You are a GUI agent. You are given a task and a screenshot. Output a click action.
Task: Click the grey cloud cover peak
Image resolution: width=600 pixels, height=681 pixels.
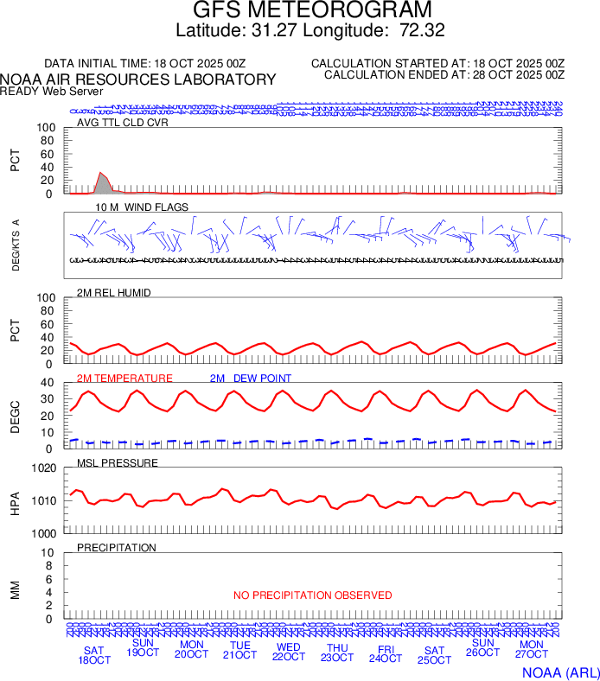(102, 182)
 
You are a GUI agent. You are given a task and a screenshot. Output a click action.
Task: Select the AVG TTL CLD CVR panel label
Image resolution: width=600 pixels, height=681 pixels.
(123, 122)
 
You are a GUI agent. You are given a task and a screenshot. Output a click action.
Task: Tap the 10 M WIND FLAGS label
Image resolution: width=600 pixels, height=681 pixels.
(142, 207)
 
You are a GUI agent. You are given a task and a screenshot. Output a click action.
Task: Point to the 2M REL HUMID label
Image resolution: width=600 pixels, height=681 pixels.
(114, 293)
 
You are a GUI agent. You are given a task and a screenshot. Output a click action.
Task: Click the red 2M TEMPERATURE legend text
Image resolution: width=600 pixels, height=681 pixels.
(124, 379)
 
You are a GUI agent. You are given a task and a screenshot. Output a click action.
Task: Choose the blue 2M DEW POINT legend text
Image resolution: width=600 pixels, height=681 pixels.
(251, 379)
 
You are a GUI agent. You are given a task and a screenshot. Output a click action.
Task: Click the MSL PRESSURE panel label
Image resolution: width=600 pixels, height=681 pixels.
(118, 463)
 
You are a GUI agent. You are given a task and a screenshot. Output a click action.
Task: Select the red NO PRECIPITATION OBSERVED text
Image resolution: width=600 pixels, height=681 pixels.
(312, 595)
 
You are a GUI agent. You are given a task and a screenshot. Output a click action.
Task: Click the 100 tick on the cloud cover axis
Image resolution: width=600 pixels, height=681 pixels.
(46, 128)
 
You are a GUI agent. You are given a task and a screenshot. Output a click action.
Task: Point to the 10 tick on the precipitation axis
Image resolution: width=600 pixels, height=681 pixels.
(48, 553)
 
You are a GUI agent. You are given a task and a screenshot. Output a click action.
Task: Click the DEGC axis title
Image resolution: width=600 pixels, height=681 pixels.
(15, 414)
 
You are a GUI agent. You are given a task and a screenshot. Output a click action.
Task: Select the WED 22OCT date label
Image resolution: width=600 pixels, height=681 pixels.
(289, 652)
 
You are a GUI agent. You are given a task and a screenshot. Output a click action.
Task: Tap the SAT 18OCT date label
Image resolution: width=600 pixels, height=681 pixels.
(95, 655)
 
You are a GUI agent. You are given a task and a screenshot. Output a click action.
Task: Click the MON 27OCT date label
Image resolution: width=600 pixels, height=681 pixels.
(532, 650)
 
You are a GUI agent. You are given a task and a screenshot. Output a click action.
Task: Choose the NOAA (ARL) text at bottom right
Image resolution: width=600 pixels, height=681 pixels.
(560, 671)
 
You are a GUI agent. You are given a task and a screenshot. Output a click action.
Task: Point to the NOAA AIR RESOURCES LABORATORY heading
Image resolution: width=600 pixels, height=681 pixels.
(138, 80)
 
